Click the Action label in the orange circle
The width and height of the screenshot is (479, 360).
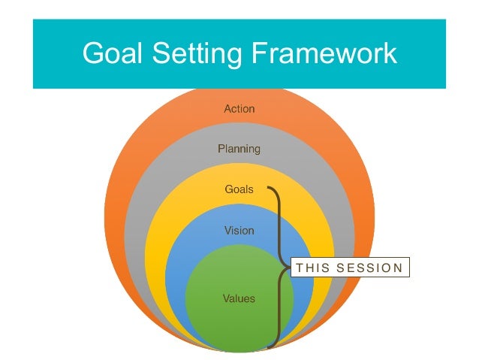coord(239,109)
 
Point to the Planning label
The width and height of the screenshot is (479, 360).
coord(239,149)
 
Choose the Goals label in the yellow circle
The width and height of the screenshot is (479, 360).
coord(239,189)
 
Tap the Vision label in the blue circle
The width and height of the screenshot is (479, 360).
coord(239,231)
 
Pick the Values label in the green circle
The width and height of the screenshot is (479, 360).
coord(239,298)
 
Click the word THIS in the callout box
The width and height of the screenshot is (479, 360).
coord(310,268)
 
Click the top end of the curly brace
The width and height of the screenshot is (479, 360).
coord(268,188)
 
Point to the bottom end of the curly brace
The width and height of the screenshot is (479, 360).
coord(269,347)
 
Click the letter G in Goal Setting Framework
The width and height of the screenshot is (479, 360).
coord(93,53)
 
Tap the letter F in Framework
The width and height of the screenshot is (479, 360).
coord(252,53)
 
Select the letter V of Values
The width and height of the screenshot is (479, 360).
coord(226,298)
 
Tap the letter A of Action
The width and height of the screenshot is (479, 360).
coord(227,109)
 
